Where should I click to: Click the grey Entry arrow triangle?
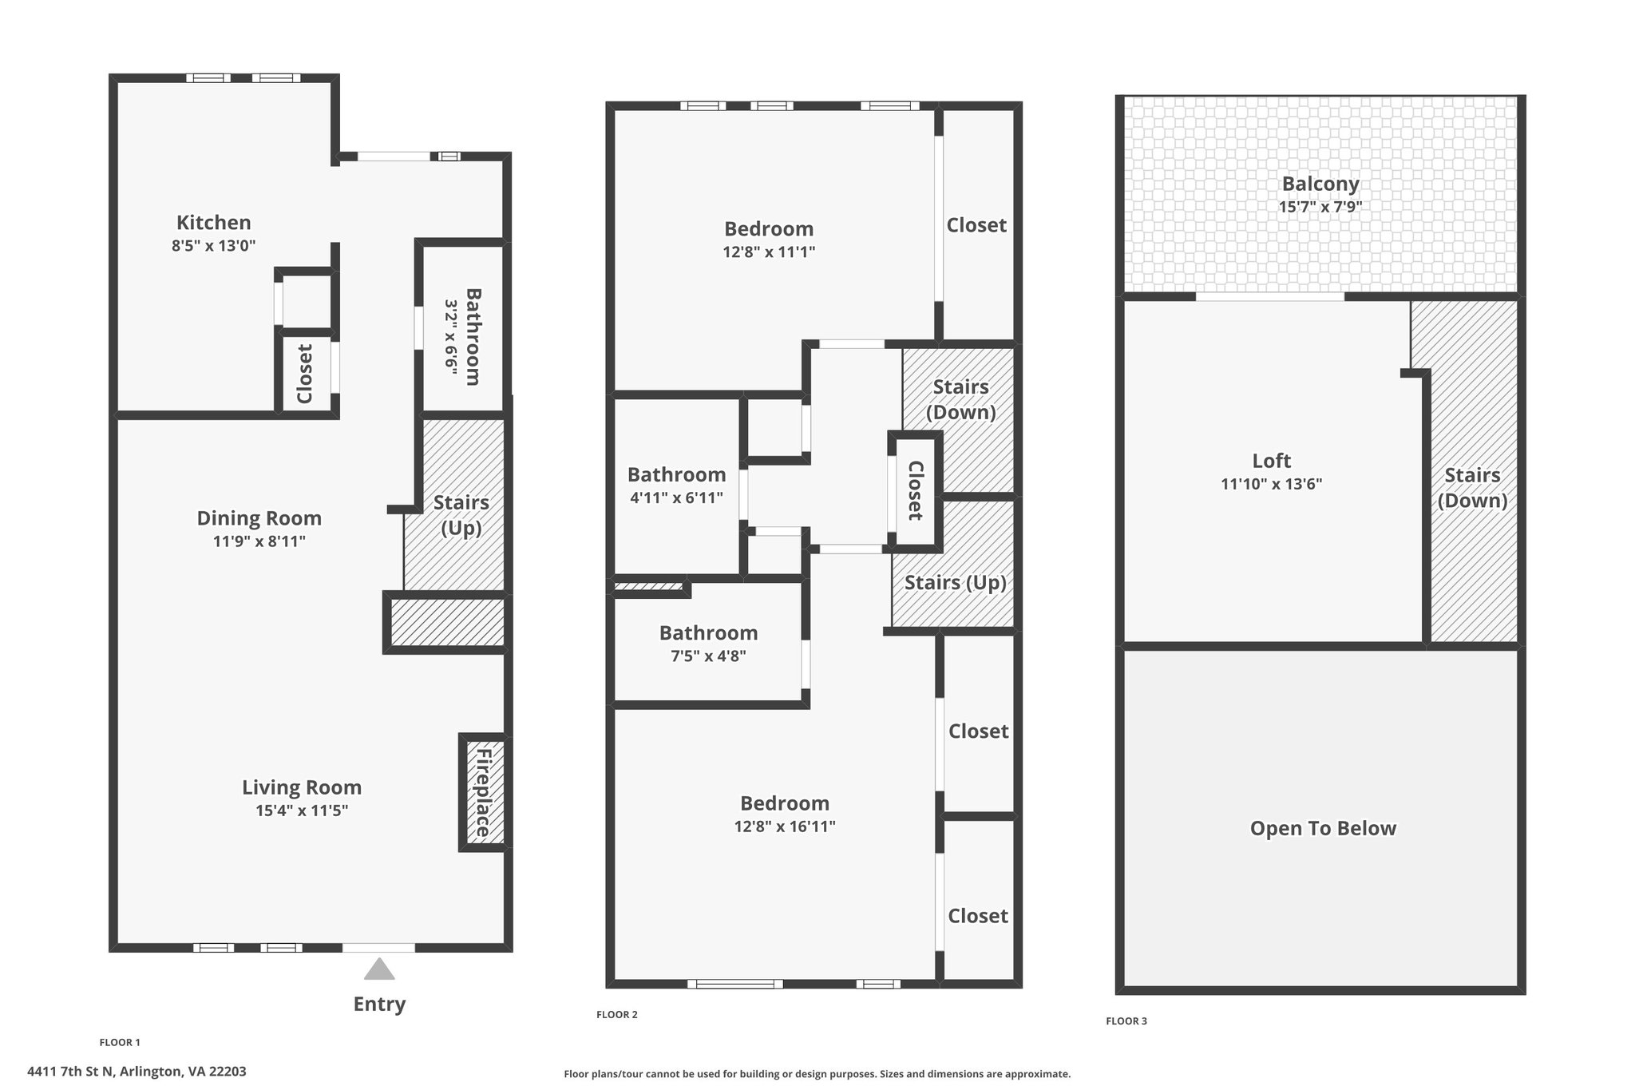tap(379, 969)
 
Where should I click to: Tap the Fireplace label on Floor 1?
tap(483, 792)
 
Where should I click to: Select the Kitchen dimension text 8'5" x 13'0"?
tap(213, 245)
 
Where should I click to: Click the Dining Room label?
tap(259, 518)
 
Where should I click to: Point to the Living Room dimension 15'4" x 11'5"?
tap(302, 811)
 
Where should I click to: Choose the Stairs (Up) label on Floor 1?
tap(461, 515)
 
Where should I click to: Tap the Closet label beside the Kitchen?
tap(304, 374)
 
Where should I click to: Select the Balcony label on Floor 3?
tap(1320, 184)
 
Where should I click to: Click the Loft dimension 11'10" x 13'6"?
tap(1271, 484)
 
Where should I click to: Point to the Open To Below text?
tap(1323, 828)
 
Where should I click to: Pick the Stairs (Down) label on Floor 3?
tap(1472, 488)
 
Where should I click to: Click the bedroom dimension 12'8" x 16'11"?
tap(785, 826)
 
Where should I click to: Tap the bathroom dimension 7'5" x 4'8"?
tap(708, 656)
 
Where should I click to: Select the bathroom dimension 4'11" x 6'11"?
tap(676, 498)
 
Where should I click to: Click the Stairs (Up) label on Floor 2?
tap(955, 583)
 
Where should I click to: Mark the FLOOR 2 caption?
tap(617, 1015)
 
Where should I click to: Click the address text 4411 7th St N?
tap(72, 1072)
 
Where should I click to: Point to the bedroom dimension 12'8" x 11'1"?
tap(769, 252)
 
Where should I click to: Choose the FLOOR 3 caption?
tap(1126, 1021)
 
